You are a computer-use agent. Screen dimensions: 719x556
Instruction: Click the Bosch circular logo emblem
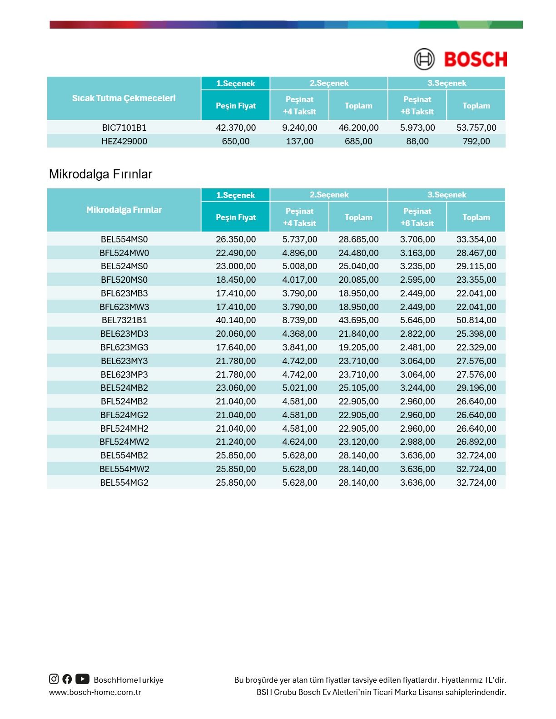[x=424, y=59]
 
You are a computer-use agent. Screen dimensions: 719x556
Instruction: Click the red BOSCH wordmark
[x=475, y=59]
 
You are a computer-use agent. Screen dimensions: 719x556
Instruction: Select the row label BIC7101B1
[x=124, y=128]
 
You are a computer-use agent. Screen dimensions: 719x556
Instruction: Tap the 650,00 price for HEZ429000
[x=235, y=141]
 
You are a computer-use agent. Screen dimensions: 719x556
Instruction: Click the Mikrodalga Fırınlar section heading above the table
[x=100, y=174]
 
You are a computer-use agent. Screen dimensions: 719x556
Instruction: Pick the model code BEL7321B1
[x=124, y=320]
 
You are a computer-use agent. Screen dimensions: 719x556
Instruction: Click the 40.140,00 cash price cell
[x=235, y=320]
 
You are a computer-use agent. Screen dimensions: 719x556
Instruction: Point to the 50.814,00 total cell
[x=476, y=320]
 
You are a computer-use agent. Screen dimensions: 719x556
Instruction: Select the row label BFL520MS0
[x=124, y=280]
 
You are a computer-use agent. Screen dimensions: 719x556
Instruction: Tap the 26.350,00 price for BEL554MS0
[x=235, y=239]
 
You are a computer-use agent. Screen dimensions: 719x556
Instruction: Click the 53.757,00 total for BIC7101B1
[x=476, y=128]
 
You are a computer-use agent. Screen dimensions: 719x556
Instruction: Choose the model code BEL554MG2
[x=124, y=483]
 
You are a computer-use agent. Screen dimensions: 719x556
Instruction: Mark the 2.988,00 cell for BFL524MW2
[x=417, y=442]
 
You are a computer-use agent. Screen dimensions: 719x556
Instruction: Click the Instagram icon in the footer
[x=54, y=679]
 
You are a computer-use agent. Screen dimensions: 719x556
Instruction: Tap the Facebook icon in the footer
[x=67, y=679]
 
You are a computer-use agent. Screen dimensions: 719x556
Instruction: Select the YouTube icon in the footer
[x=82, y=679]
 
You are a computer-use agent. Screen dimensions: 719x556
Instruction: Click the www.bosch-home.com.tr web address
[x=95, y=692]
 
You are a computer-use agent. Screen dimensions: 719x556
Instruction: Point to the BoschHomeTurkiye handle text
[x=129, y=680]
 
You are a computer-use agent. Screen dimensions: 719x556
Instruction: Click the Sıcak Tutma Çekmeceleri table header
[x=124, y=98]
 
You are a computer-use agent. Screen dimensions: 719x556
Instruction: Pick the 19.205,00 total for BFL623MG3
[x=358, y=347]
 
